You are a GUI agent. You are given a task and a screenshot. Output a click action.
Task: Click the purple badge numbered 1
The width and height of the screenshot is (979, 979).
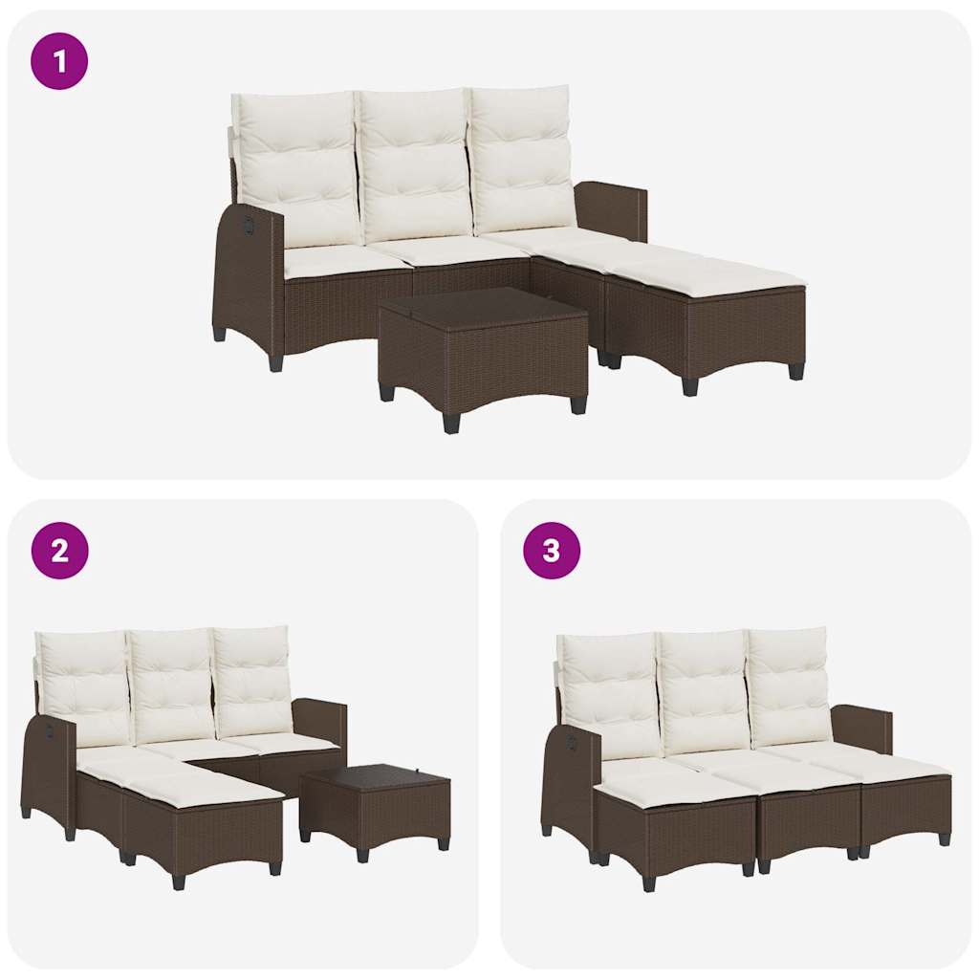pos(59,61)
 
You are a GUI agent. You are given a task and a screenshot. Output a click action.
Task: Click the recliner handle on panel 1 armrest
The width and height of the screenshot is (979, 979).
pos(250,224)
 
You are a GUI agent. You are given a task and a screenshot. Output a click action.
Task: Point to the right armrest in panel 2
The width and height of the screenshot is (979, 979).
pos(320,722)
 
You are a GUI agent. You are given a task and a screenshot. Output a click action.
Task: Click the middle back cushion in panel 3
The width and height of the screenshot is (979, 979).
pos(703,690)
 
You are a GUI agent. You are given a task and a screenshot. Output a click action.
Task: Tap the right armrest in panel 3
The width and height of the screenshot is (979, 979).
pos(862,727)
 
